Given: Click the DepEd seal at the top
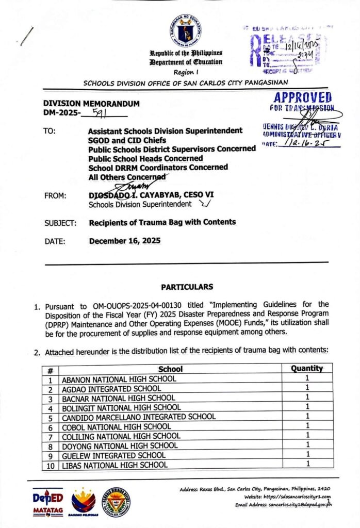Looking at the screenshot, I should point(185,30).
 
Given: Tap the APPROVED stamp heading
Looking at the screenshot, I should point(303,97).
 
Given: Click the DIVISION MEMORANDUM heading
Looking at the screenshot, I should point(91,104).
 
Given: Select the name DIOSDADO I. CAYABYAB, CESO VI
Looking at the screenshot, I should point(151,195).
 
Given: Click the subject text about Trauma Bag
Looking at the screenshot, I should point(162,222).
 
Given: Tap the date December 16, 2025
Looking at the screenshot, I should point(125,241).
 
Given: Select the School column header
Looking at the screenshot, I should point(170,369).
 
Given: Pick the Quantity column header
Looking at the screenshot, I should point(307,368).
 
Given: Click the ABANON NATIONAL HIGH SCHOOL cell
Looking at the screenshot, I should point(119,379).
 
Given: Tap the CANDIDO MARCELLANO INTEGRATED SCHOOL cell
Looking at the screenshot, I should point(139,417).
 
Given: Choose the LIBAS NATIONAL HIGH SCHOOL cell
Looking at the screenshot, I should point(114,465).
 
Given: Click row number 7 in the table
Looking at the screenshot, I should point(51,436).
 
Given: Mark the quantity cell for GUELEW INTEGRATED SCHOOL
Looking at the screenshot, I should point(307,455).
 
